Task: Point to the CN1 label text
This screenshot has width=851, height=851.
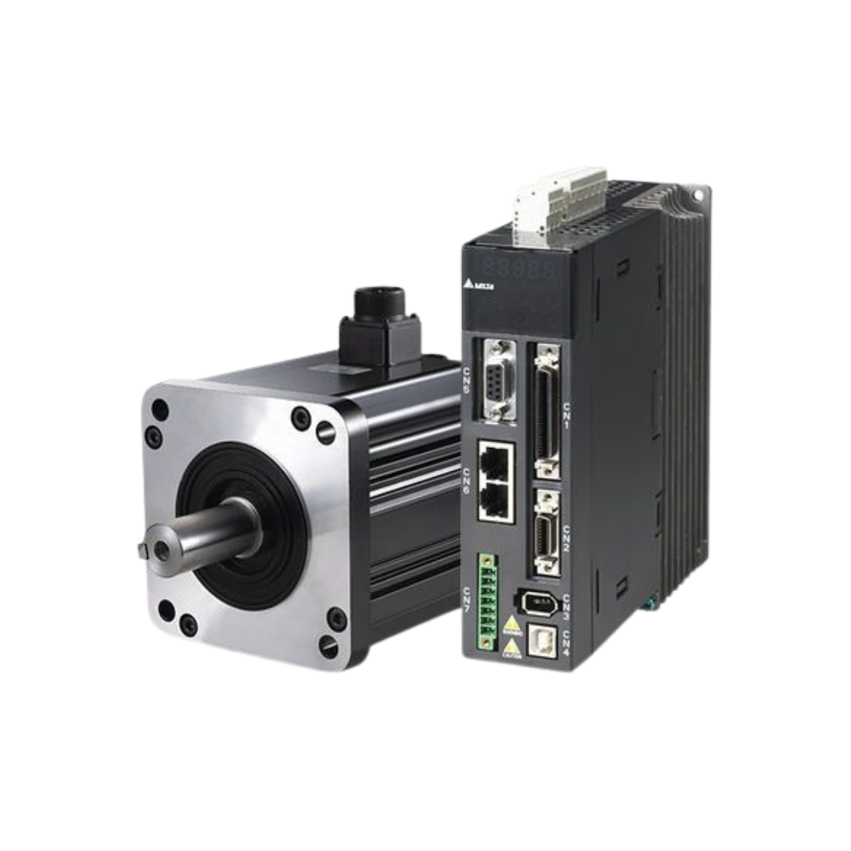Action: (x=567, y=412)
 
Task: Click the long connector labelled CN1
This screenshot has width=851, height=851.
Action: (x=548, y=411)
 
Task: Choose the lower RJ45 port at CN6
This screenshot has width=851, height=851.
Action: (x=495, y=499)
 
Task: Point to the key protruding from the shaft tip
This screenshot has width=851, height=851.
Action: (x=142, y=549)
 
